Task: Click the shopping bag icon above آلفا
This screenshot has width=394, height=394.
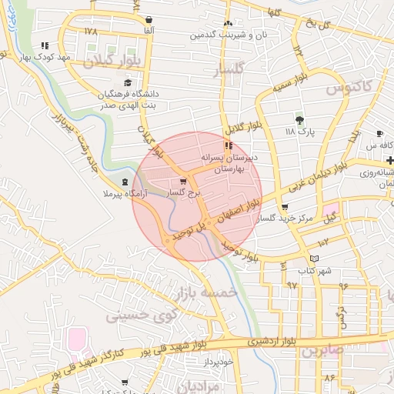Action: click(x=149, y=19)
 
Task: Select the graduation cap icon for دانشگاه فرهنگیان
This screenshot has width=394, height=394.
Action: click(x=126, y=83)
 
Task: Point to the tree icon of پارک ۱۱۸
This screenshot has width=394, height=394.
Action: click(x=299, y=119)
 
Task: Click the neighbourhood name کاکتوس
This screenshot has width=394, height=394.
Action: click(x=344, y=88)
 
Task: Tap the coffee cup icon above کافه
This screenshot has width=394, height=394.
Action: click(x=379, y=134)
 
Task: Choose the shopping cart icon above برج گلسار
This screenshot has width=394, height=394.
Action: click(x=182, y=182)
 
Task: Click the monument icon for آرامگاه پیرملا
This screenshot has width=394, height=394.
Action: click(x=125, y=182)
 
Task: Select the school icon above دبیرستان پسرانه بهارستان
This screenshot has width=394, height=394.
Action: click(x=228, y=145)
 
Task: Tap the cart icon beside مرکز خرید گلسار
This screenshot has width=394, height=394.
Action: click(x=285, y=207)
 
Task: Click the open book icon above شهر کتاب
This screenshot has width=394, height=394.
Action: click(x=312, y=259)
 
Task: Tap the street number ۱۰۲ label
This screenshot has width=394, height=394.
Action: click(x=322, y=242)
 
